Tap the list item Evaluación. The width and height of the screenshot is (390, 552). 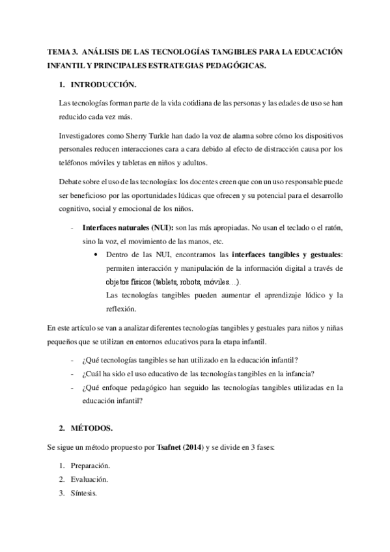coord(89,480)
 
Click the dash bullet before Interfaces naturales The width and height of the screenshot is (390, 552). coord(71,229)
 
